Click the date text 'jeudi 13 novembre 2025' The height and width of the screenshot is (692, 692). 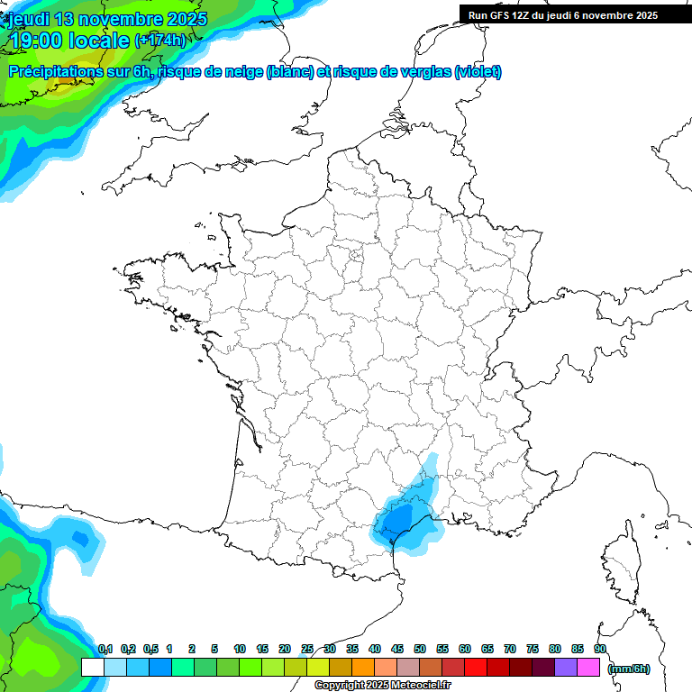[108, 19]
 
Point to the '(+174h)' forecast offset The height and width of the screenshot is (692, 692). [159, 41]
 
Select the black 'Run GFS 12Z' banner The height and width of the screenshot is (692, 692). [562, 15]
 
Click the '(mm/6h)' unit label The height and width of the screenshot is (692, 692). [628, 668]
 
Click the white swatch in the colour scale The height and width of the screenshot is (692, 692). [92, 668]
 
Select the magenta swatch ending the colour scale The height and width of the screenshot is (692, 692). [588, 668]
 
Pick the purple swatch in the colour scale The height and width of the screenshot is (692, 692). [566, 668]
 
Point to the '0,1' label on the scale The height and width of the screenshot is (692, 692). [105, 649]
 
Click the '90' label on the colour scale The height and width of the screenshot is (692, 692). [599, 649]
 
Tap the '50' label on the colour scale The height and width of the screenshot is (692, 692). [420, 649]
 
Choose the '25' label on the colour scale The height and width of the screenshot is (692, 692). [307, 649]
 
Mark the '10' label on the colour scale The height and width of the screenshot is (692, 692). [240, 649]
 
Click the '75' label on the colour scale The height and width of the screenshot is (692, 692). [533, 649]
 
